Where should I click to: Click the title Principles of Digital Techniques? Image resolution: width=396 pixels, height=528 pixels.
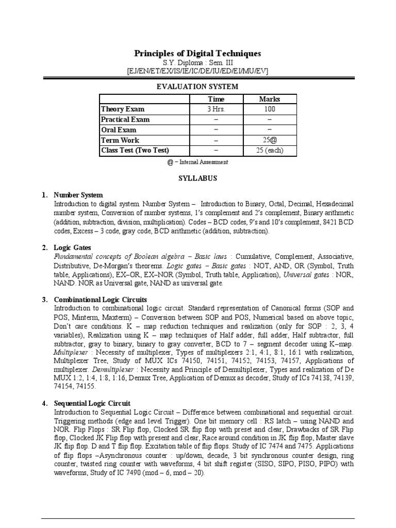click(197, 54)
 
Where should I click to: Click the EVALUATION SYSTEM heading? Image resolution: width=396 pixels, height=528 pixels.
click(197, 87)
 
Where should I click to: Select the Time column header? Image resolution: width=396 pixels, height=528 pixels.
click(216, 99)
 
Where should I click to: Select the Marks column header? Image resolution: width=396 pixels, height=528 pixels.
click(270, 99)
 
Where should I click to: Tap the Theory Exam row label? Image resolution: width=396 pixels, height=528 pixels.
click(123, 109)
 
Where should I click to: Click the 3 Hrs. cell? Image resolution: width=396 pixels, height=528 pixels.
click(216, 109)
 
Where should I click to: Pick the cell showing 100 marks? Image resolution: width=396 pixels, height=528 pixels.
click(270, 109)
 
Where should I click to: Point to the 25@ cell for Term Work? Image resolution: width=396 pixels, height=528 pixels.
click(270, 140)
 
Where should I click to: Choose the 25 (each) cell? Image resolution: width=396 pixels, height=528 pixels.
click(270, 151)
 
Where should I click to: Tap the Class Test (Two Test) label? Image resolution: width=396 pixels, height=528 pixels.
click(135, 151)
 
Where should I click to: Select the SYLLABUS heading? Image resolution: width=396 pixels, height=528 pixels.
click(197, 178)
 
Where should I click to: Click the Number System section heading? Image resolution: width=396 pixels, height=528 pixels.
click(78, 195)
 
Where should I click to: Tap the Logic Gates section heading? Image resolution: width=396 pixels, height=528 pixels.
click(72, 248)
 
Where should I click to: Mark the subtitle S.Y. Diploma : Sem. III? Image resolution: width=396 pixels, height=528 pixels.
click(197, 63)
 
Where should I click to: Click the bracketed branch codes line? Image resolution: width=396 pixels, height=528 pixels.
click(197, 72)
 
